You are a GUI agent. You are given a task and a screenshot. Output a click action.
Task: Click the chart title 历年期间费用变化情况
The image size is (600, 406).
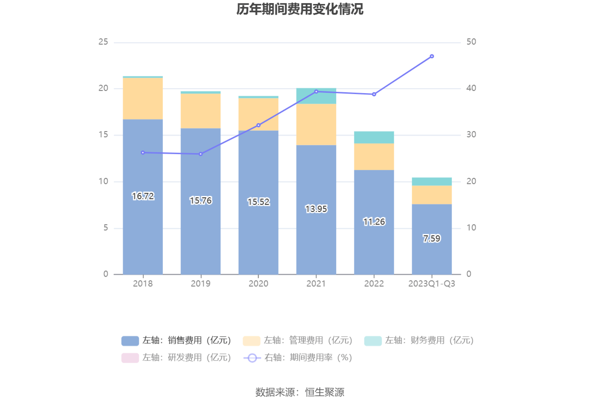pyautogui.click(x=300, y=9)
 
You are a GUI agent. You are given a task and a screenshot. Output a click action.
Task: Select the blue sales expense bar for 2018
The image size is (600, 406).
pyautogui.click(x=142, y=229)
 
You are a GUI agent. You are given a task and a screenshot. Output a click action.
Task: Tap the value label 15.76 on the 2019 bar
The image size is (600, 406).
pyautogui.click(x=201, y=201)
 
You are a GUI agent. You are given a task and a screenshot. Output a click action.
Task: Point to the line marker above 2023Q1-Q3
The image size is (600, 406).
pyautogui.click(x=432, y=56)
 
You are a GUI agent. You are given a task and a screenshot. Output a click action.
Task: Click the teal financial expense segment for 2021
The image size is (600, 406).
pyautogui.click(x=316, y=96)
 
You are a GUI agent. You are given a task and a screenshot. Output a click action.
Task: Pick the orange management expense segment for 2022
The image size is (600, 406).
pyautogui.click(x=374, y=157)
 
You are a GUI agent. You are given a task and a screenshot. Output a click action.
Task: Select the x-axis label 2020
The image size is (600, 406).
pyautogui.click(x=259, y=284)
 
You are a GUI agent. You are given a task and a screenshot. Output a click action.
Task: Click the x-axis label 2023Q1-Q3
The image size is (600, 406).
pyautogui.click(x=432, y=284)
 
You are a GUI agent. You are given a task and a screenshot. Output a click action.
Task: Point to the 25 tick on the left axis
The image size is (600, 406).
pyautogui.click(x=103, y=42)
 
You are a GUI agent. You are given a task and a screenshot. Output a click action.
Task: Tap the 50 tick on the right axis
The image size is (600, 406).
pyautogui.click(x=471, y=42)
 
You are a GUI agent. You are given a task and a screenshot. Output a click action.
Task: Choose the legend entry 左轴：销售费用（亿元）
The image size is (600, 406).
pyautogui.click(x=176, y=341)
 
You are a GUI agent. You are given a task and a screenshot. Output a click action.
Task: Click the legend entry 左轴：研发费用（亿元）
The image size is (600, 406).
pyautogui.click(x=176, y=358)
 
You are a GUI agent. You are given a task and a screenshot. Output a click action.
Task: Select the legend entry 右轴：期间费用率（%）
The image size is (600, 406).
pyautogui.click(x=298, y=358)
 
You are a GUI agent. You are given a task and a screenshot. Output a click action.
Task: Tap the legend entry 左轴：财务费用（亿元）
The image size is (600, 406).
pyautogui.click(x=419, y=341)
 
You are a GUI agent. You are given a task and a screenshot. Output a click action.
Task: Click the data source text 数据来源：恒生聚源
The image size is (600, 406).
pyautogui.click(x=300, y=392)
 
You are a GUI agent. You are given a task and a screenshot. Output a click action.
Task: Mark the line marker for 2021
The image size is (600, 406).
pyautogui.click(x=316, y=92)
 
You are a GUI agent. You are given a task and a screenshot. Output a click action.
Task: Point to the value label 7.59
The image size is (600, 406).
pyautogui.click(x=432, y=239)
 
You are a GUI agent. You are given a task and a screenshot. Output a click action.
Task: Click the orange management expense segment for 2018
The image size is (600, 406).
pyautogui.click(x=142, y=98)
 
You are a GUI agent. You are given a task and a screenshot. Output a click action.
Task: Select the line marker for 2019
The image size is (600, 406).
pyautogui.click(x=201, y=154)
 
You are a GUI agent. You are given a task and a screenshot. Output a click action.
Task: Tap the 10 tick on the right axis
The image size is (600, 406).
pyautogui.click(x=471, y=228)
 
